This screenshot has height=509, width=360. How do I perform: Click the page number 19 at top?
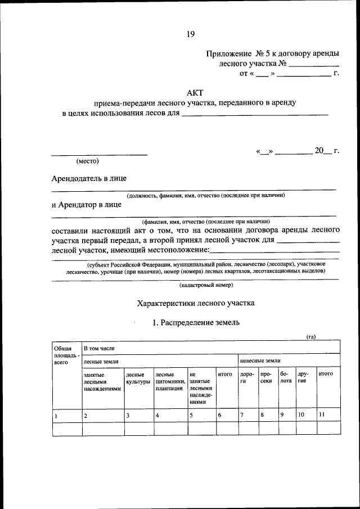click(x=191, y=34)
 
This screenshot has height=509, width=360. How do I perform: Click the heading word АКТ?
click(x=195, y=92)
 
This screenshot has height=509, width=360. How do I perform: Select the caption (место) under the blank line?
click(x=87, y=161)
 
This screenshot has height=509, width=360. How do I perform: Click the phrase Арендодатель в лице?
click(x=89, y=178)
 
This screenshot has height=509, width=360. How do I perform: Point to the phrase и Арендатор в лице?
click(x=86, y=205)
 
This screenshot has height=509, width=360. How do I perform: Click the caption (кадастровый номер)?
click(x=195, y=285)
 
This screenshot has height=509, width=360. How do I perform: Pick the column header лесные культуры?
click(x=138, y=377)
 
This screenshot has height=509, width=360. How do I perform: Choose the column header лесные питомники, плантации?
click(x=170, y=381)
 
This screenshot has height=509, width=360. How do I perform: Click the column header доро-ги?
click(x=247, y=377)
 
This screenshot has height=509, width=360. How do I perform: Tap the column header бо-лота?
click(x=286, y=377)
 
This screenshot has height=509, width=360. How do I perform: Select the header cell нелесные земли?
click(x=260, y=361)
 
